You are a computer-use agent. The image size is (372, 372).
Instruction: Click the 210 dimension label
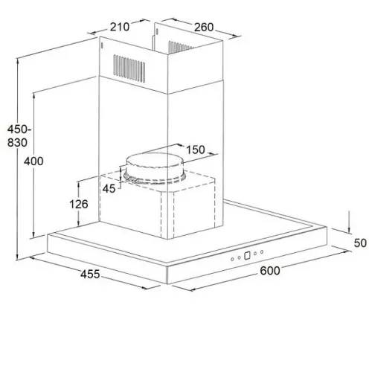click(x=120, y=27)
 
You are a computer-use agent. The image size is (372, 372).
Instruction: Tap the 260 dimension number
click(x=204, y=28)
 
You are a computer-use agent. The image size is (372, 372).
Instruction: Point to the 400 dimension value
click(x=33, y=161)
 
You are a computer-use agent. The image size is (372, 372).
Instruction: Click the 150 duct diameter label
click(x=196, y=150)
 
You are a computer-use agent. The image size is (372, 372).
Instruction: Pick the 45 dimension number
click(x=109, y=189)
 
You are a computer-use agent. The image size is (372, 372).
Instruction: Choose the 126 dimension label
click(x=78, y=205)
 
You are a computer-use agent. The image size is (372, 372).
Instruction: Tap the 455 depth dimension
click(x=90, y=275)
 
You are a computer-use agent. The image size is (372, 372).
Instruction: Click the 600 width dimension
click(x=270, y=271)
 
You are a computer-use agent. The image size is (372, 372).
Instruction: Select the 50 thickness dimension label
click(x=360, y=243)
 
